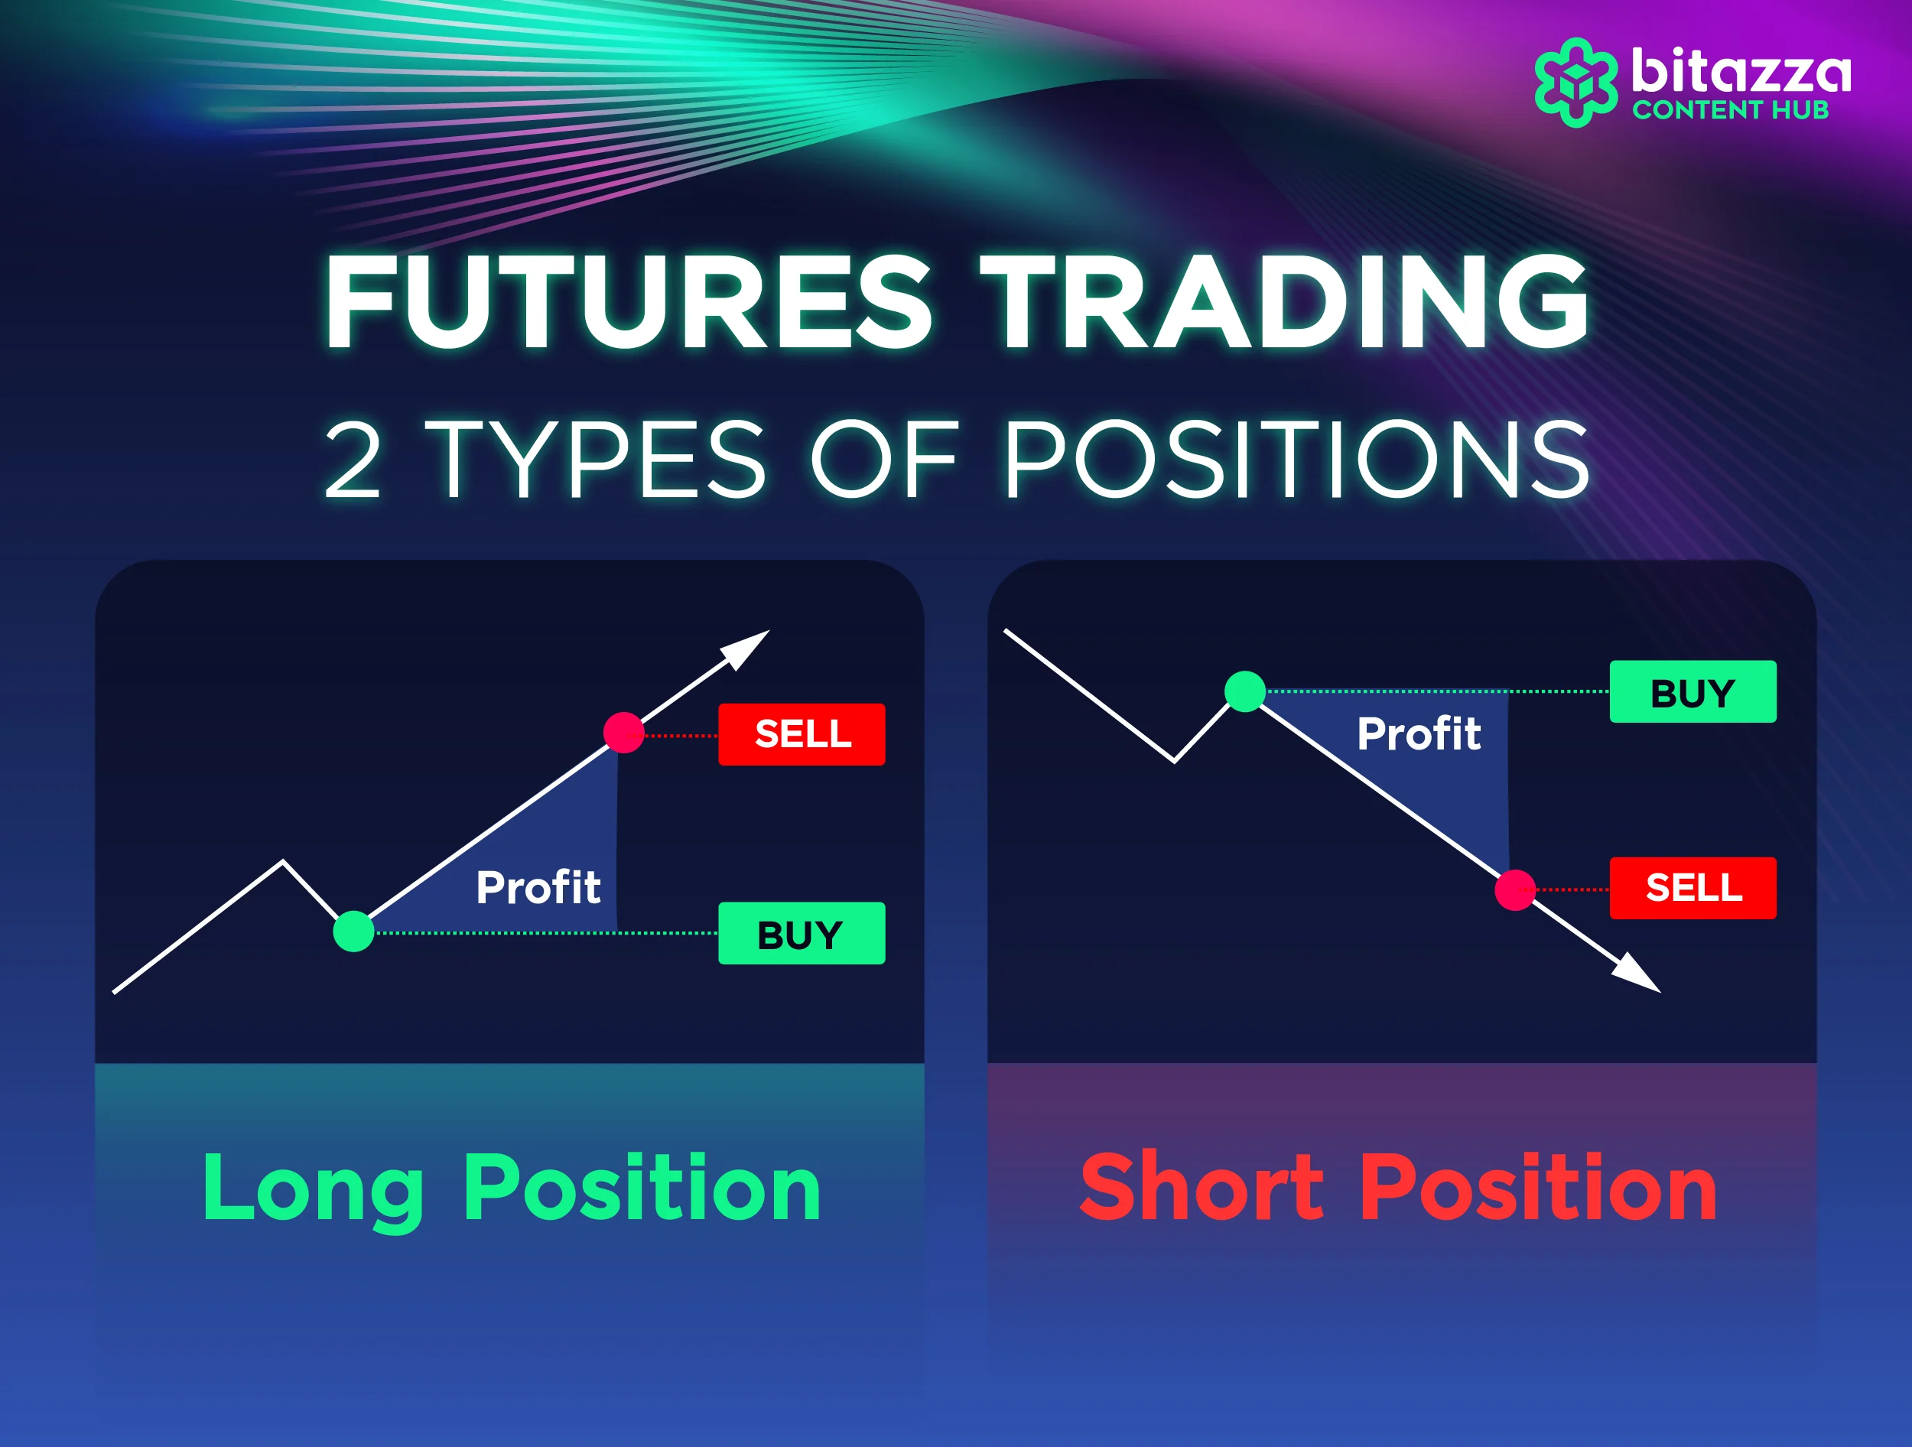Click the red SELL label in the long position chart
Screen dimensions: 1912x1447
click(802, 734)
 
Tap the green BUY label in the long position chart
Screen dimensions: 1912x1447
click(802, 934)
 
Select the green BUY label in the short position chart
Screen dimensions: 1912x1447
click(1693, 691)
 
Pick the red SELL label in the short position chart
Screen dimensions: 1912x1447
click(1693, 888)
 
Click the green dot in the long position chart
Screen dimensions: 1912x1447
click(353, 932)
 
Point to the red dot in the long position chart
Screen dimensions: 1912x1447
click(624, 733)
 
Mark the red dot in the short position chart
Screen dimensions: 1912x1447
click(1515, 890)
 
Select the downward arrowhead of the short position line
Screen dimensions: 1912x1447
click(1639, 975)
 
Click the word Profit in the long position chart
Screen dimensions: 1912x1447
click(538, 887)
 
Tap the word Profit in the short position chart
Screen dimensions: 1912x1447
click(1419, 734)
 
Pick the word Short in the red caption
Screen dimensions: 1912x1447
click(1202, 1188)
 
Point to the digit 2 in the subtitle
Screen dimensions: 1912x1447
click(353, 460)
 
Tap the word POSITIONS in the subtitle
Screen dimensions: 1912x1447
click(1296, 460)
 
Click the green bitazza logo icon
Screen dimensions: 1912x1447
click(1575, 83)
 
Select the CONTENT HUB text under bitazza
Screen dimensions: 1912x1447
click(1731, 110)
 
